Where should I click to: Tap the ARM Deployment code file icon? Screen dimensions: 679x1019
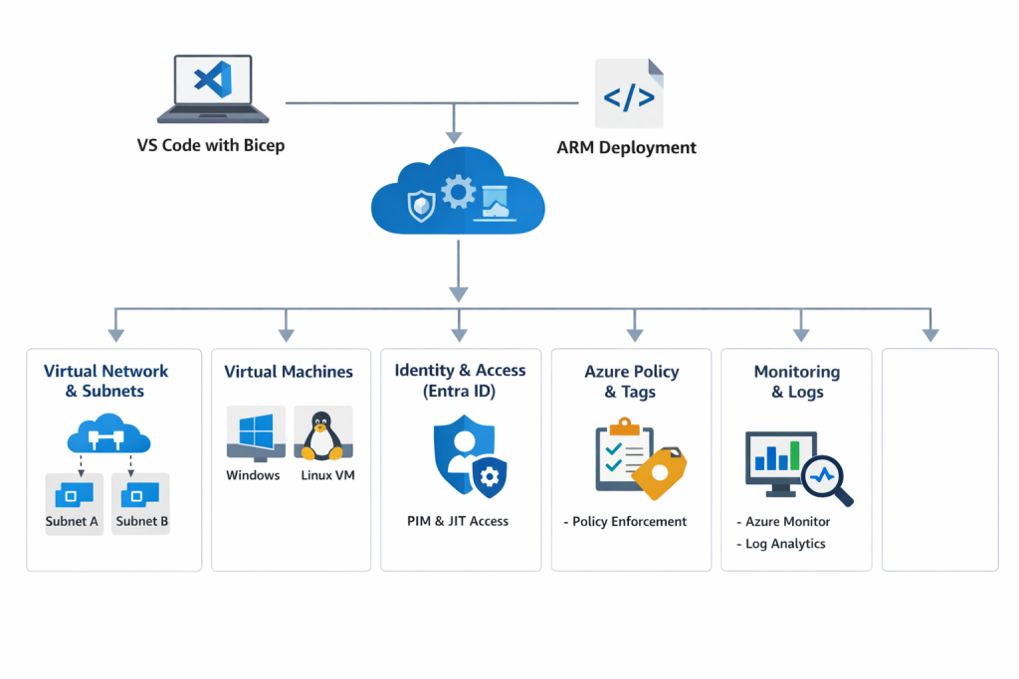point(629,94)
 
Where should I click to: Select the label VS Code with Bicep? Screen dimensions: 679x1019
point(211,145)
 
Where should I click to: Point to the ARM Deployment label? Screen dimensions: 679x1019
point(626,147)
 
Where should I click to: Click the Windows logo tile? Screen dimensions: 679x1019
point(256,433)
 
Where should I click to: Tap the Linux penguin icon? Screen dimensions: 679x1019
point(321,434)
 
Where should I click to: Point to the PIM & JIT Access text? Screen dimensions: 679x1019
point(458,521)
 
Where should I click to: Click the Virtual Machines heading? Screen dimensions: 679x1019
point(289,372)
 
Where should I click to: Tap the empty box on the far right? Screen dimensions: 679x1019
point(939,459)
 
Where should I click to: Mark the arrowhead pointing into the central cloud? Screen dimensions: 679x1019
point(455,135)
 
